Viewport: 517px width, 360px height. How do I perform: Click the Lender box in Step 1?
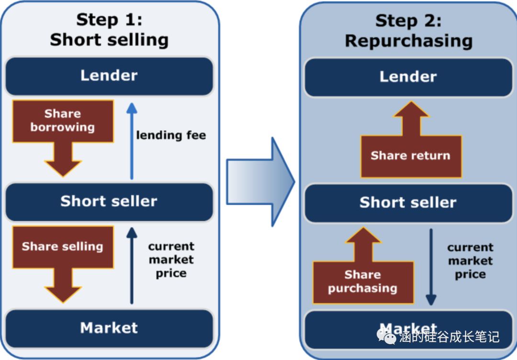click(x=109, y=76)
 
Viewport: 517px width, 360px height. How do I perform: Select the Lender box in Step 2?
click(x=408, y=77)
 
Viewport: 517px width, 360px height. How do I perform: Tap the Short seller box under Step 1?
click(x=109, y=201)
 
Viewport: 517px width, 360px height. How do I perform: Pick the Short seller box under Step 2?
click(x=408, y=202)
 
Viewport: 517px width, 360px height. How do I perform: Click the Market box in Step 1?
click(x=109, y=328)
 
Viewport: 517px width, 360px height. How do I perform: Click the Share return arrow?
click(x=411, y=148)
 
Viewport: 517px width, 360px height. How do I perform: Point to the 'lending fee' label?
click(x=171, y=135)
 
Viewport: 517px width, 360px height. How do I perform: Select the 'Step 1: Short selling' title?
click(x=109, y=30)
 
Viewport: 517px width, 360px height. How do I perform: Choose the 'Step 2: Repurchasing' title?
click(x=408, y=31)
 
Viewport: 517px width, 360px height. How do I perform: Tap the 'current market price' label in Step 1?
click(x=171, y=260)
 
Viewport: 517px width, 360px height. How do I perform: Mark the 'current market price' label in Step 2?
click(x=470, y=261)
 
